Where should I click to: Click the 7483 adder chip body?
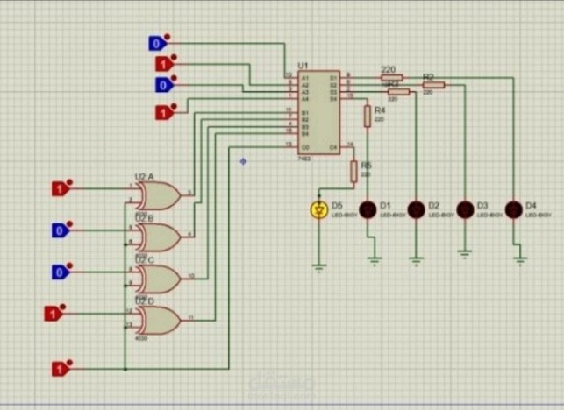tap(316, 112)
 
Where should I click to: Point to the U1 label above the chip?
tap(303, 66)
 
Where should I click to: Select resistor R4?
tap(368, 115)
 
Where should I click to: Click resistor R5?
tap(354, 171)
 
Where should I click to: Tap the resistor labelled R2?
tap(434, 85)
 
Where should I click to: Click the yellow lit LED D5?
tap(319, 209)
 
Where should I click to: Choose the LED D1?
tap(368, 209)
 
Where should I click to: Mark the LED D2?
tap(417, 209)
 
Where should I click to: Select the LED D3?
tap(464, 209)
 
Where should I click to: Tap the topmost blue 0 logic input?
tap(156, 43)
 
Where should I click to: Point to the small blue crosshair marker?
tap(243, 160)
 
